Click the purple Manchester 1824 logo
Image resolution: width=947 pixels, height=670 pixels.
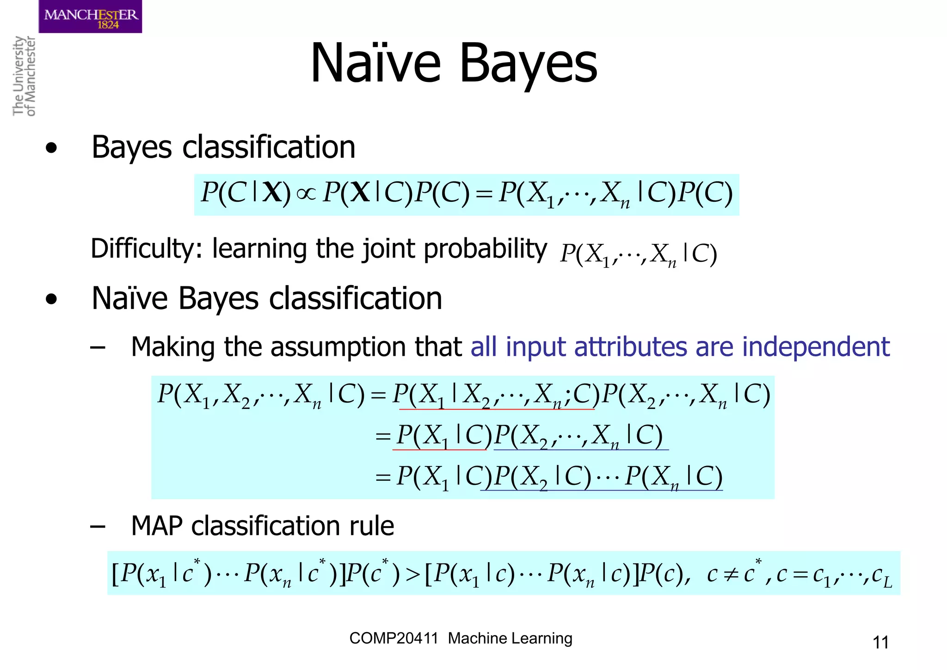coord(90,17)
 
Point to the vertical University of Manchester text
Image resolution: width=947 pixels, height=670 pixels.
coord(24,76)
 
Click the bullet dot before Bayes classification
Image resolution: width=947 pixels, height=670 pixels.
coord(51,149)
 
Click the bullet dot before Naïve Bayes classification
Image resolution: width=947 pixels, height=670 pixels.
coord(51,299)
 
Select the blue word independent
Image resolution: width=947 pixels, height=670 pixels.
coord(816,347)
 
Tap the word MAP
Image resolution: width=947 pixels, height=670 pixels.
coord(157,526)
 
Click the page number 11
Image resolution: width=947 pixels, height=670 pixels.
coord(880,642)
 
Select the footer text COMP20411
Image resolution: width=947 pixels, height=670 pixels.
coord(394,639)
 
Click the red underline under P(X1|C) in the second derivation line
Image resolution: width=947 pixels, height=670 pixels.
coord(440,450)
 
